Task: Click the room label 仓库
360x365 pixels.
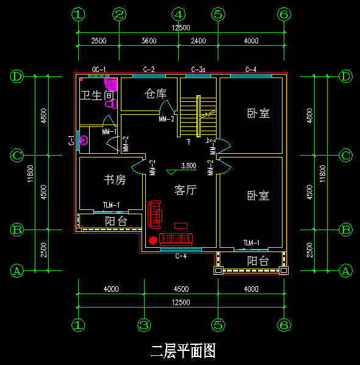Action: [155, 94]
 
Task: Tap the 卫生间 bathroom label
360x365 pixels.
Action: [97, 95]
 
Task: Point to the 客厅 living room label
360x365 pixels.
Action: [185, 190]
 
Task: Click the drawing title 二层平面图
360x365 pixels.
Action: [183, 350]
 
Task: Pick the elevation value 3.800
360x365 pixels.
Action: [189, 165]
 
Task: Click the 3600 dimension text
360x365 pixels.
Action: [148, 41]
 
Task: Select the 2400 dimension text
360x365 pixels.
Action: [198, 41]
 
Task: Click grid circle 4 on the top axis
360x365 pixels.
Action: [178, 13]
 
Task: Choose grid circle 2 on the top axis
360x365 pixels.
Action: [120, 13]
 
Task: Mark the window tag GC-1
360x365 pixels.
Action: [99, 69]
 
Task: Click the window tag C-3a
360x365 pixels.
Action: [198, 69]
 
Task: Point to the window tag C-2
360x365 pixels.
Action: [148, 69]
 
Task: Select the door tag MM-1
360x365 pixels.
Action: [109, 131]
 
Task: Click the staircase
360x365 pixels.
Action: [198, 116]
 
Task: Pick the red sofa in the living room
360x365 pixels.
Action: [156, 212]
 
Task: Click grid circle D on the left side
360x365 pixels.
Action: [17, 77]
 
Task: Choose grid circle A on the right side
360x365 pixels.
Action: [346, 270]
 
